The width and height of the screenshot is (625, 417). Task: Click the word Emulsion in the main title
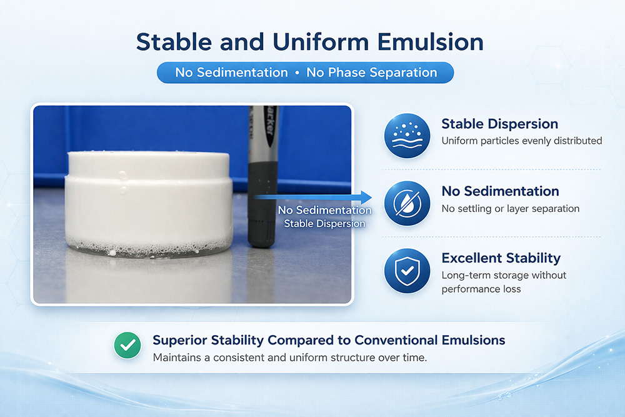[430, 42]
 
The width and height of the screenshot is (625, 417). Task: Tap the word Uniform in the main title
[321, 42]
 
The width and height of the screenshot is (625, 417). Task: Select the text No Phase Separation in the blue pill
[371, 73]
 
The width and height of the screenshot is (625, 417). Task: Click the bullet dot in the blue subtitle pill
[297, 73]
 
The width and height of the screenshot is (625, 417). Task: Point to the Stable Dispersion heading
[499, 124]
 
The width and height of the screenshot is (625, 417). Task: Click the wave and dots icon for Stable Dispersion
[407, 136]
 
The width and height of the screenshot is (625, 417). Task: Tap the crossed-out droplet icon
[407, 203]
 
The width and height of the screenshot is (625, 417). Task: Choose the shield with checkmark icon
[407, 271]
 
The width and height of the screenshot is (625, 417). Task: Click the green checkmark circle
[127, 345]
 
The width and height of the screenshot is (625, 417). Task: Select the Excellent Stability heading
[501, 258]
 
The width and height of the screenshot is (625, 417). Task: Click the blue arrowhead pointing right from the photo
[366, 197]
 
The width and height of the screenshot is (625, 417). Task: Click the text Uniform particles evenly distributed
[522, 141]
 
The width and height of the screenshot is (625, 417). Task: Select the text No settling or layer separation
[510, 209]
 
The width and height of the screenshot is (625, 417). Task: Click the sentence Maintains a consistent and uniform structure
[290, 358]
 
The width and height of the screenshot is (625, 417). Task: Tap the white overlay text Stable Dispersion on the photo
[324, 224]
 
